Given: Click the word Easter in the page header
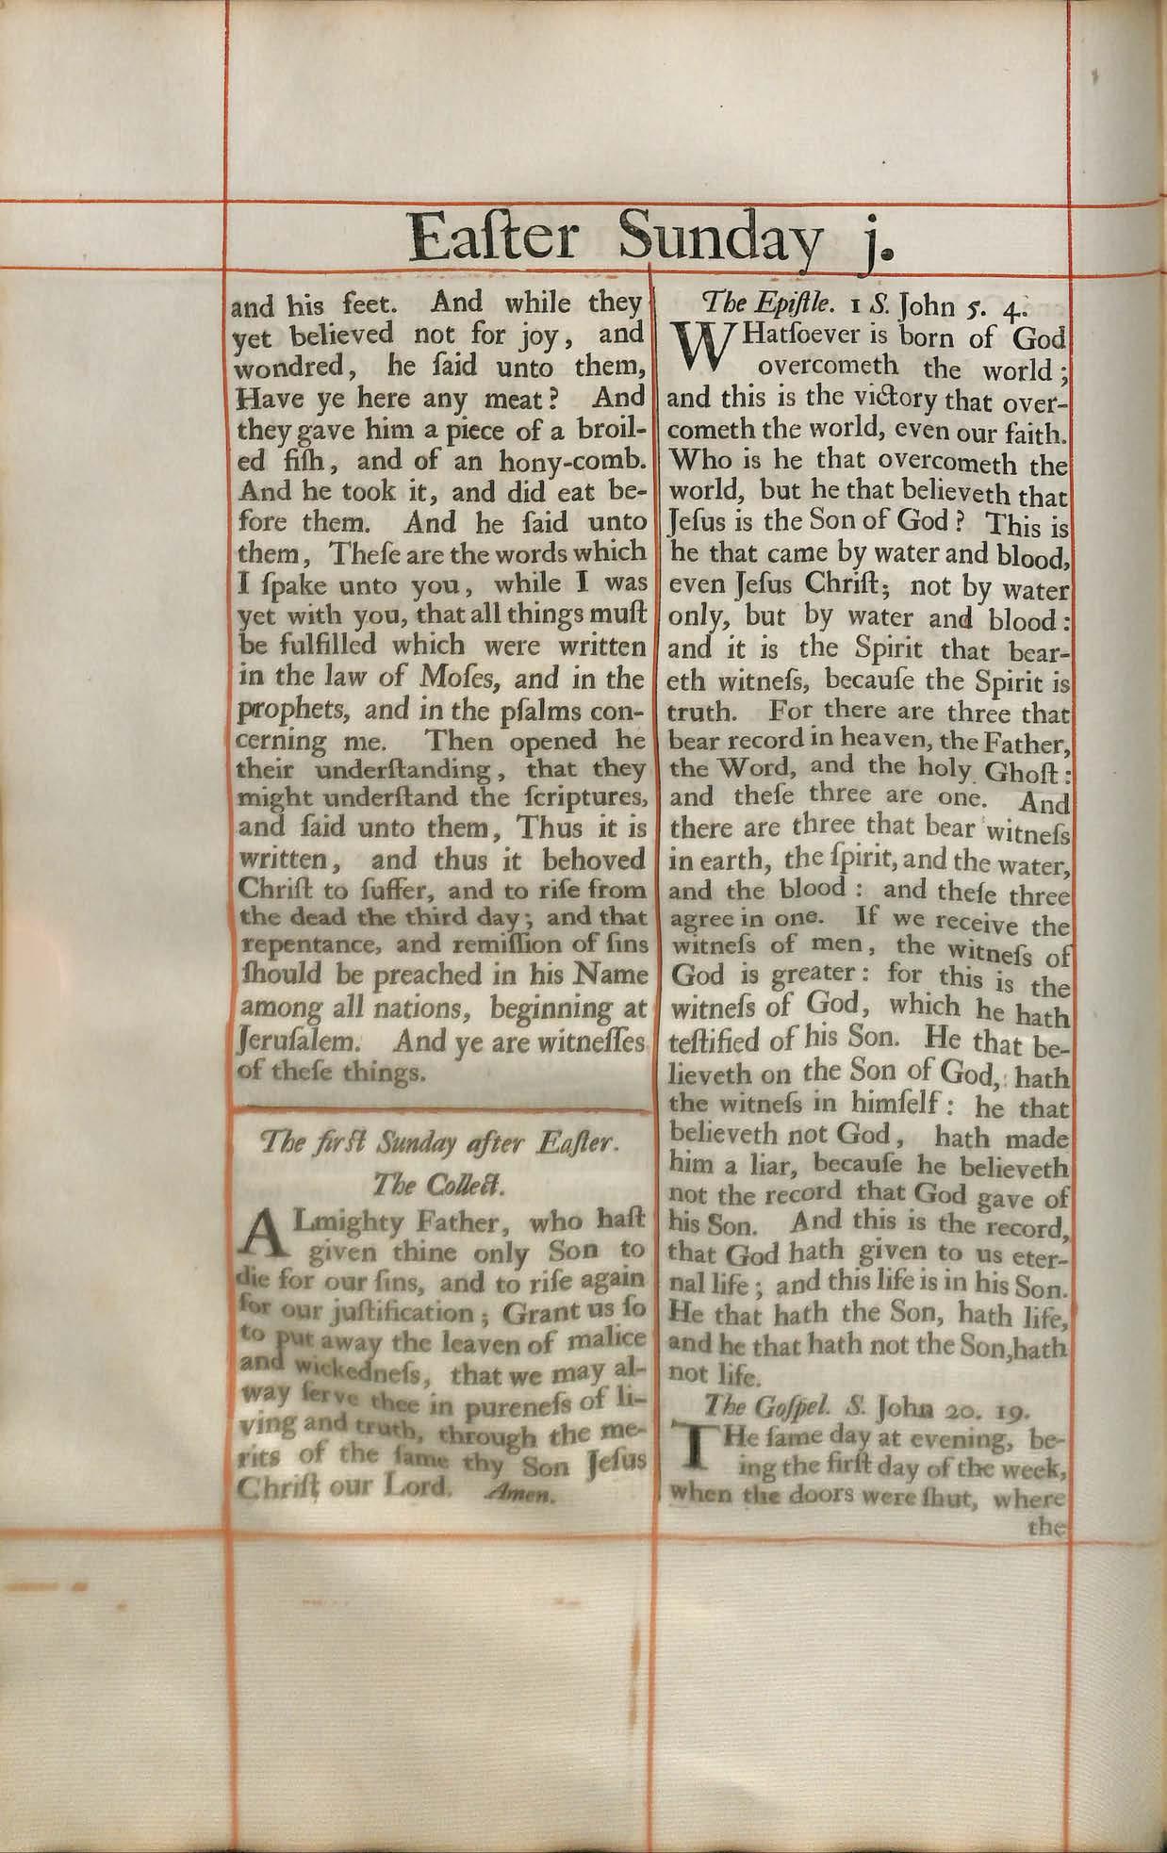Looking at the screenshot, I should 494,238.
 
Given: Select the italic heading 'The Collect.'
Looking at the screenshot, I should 440,1183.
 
